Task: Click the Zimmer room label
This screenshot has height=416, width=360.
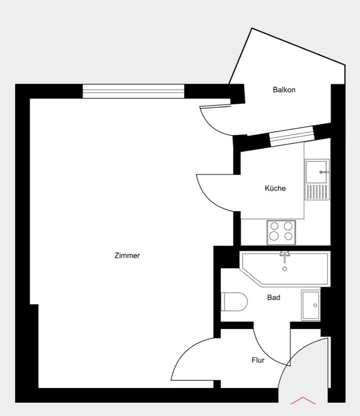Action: [127, 256]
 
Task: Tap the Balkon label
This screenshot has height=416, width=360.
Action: [284, 90]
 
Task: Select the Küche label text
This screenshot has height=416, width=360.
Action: [275, 188]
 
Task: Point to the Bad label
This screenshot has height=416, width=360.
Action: [274, 298]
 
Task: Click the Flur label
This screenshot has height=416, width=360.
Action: [258, 360]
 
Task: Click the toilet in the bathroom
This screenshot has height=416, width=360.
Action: [234, 302]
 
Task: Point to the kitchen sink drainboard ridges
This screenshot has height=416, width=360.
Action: [316, 192]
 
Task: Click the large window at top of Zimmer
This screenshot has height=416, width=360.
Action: [134, 91]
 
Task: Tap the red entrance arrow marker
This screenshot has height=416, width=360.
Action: [303, 401]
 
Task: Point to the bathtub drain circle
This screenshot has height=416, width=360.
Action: [285, 269]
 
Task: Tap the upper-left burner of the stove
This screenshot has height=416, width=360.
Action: [274, 226]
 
